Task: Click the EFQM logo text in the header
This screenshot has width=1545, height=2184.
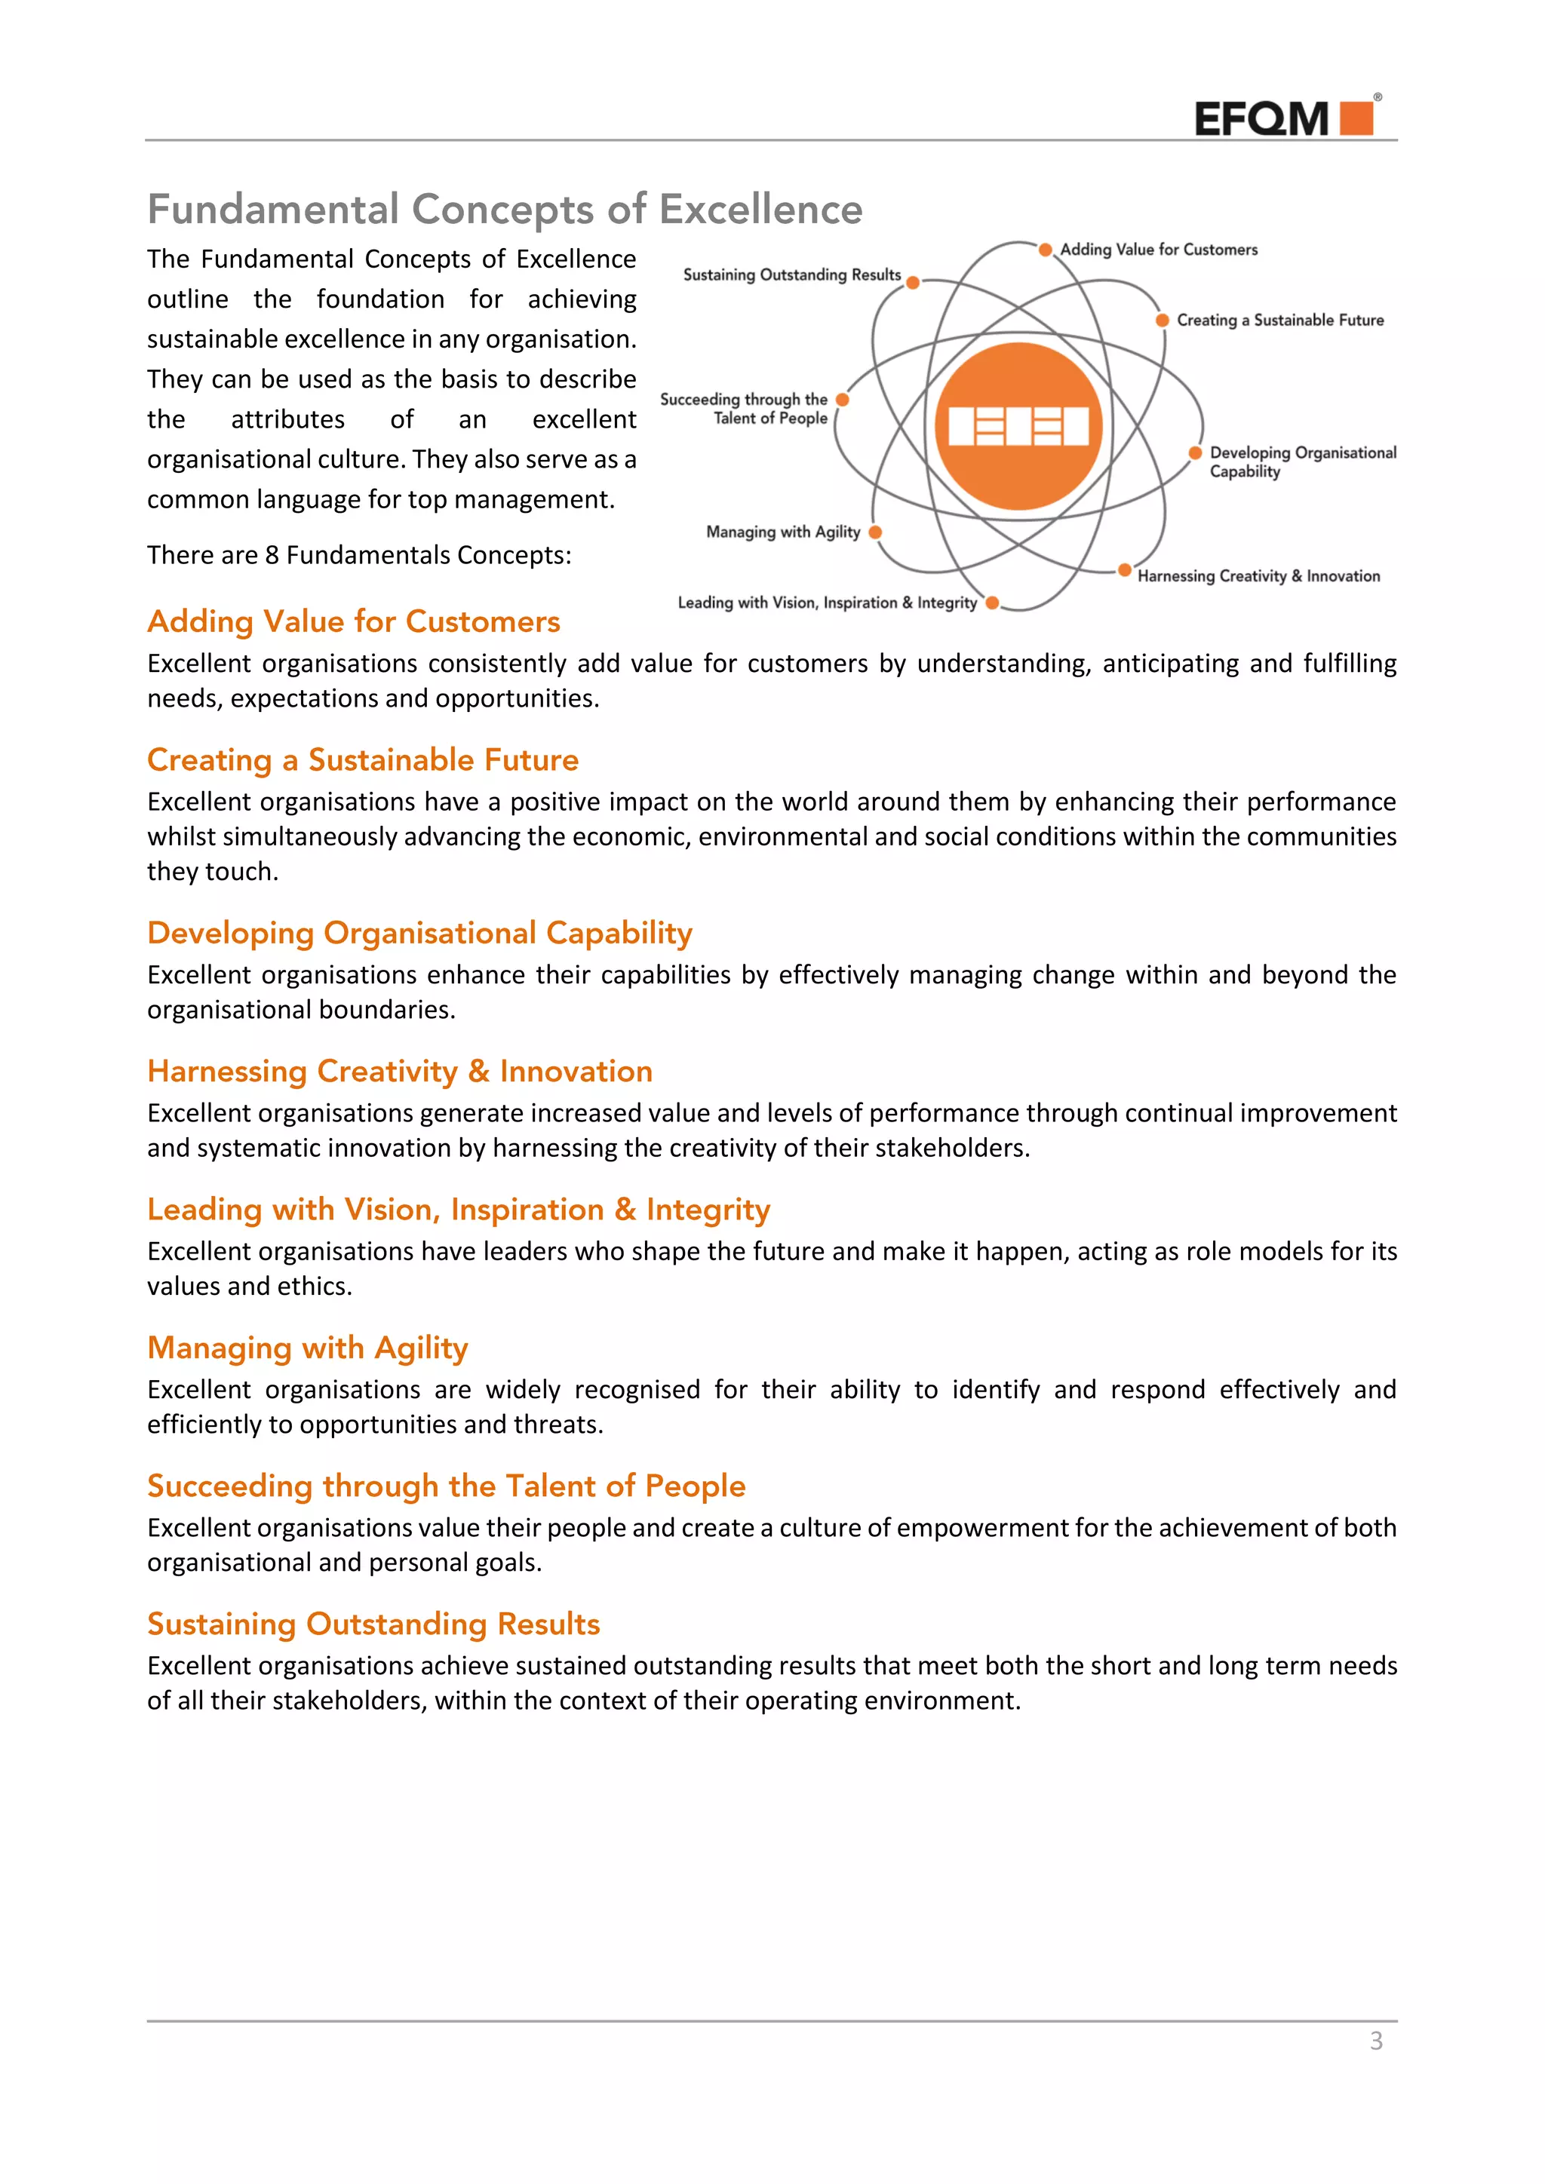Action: (1261, 120)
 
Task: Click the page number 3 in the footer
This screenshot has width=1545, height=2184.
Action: (1376, 2041)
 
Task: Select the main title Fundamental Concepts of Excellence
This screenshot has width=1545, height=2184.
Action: (504, 209)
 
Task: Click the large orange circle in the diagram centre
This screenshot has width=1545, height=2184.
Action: (1018, 425)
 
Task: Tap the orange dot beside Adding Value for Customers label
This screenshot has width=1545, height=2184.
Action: (1045, 250)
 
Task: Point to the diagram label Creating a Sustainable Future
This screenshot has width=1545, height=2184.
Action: (1279, 321)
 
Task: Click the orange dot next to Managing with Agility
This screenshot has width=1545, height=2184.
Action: (875, 532)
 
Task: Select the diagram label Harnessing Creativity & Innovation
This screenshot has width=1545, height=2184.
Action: (1258, 576)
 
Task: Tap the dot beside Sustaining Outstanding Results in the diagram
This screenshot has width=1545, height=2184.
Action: (912, 283)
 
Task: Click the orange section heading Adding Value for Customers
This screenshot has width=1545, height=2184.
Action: (353, 621)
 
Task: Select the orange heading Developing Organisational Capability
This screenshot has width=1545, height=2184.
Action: (419, 933)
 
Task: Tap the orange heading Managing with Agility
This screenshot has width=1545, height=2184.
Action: (307, 1348)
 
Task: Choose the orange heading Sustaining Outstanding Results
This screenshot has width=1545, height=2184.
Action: (373, 1624)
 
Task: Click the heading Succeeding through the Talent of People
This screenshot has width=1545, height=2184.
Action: (446, 1486)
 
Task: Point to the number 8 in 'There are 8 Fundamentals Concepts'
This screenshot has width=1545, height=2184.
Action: (272, 556)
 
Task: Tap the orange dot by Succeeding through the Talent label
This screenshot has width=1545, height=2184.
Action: (842, 400)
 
